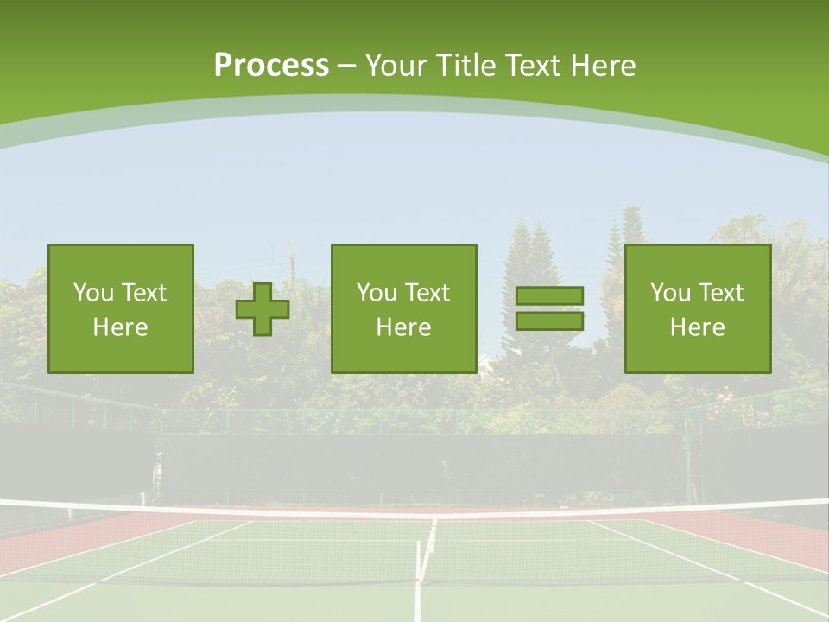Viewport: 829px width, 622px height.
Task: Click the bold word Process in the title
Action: click(x=271, y=66)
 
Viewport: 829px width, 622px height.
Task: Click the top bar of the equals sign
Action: click(x=549, y=295)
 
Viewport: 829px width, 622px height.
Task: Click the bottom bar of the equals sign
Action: click(x=549, y=321)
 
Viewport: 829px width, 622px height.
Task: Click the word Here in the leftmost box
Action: click(x=120, y=327)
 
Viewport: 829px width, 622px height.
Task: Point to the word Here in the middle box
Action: click(x=403, y=327)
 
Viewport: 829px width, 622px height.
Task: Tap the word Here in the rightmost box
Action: click(x=698, y=327)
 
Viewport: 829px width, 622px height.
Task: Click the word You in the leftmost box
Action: click(x=93, y=293)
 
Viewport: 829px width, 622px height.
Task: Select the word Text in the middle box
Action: click(x=427, y=293)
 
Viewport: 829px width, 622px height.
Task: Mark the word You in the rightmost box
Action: click(x=670, y=293)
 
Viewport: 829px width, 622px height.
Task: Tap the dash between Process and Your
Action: click(x=346, y=66)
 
